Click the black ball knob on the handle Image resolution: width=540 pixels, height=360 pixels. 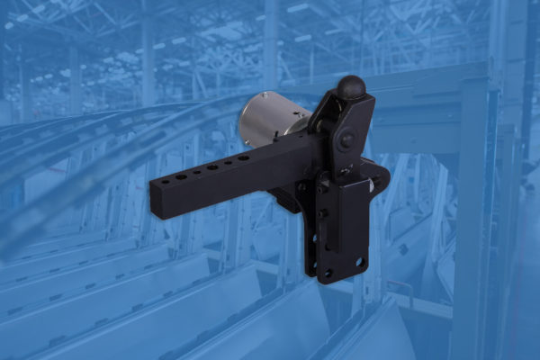point(351,87)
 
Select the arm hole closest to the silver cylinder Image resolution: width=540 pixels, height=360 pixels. point(243,157)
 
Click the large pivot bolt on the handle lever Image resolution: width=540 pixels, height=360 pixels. point(346,141)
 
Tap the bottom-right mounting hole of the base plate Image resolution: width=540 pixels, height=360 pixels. point(359,263)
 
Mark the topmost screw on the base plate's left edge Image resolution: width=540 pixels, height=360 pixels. point(321,190)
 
